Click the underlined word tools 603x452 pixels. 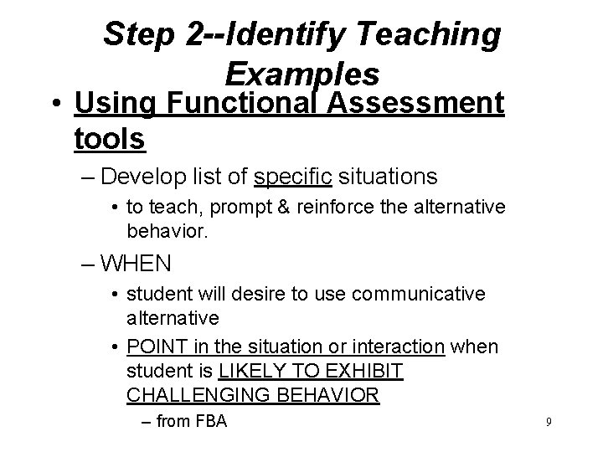point(110,139)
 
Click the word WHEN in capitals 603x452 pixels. point(135,264)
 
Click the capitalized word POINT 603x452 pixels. point(152,347)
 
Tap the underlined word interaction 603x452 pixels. point(399,347)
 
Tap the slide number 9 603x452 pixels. point(549,424)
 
